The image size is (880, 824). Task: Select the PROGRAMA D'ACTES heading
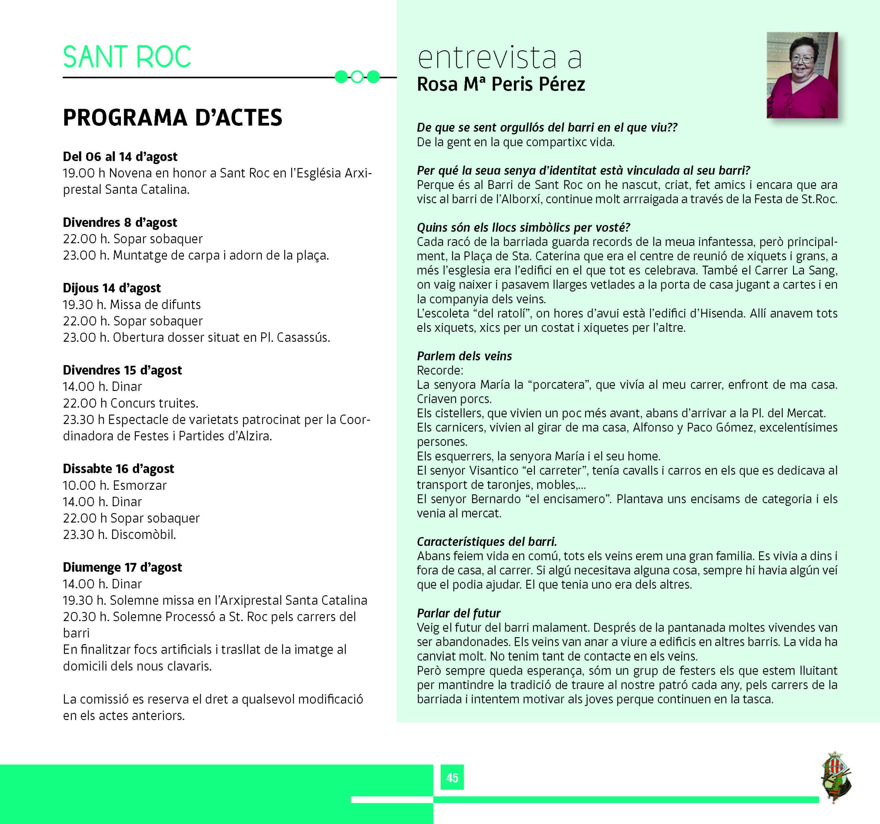(172, 118)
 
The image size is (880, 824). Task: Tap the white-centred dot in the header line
(357, 77)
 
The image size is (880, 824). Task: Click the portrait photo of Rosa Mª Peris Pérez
(802, 75)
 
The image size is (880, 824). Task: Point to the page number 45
(452, 778)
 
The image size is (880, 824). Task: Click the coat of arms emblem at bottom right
(836, 778)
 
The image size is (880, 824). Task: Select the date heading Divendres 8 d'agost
(120, 222)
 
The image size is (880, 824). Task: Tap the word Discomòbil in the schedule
(143, 535)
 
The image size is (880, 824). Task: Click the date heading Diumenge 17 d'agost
(122, 567)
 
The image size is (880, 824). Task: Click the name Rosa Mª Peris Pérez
(500, 84)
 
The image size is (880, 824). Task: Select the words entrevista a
(499, 57)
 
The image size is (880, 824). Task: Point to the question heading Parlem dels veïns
(464, 356)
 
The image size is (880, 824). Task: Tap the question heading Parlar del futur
(458, 613)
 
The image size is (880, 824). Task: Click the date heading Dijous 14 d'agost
(112, 288)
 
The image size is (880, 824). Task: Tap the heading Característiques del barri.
(486, 542)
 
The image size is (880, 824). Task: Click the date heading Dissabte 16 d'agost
(118, 469)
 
